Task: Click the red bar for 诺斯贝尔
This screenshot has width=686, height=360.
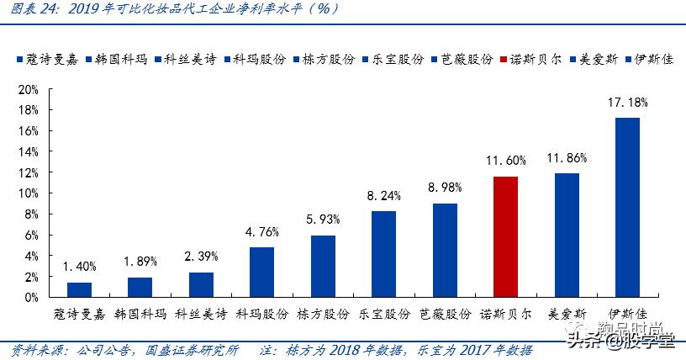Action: tap(505, 236)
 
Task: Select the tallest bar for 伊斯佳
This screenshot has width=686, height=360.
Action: tap(627, 207)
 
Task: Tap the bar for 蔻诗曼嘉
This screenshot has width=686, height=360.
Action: tap(80, 289)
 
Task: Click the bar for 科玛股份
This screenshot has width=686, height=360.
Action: tap(261, 272)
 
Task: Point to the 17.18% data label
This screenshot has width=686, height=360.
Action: tap(627, 103)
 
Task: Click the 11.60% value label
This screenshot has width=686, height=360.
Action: tap(505, 161)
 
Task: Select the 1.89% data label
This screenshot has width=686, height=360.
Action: tap(140, 262)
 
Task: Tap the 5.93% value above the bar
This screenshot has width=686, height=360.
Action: tap(323, 220)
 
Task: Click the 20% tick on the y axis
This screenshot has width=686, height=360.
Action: tap(29, 89)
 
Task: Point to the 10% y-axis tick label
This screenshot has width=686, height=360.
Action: tap(29, 193)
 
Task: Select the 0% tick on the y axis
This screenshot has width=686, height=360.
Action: tap(31, 297)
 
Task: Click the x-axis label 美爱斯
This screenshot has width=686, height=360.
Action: tap(566, 314)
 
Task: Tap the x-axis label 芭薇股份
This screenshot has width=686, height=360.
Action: tap(445, 314)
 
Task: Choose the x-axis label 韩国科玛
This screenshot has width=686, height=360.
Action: tap(140, 314)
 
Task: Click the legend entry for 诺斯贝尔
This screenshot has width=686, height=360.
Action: tap(531, 61)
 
